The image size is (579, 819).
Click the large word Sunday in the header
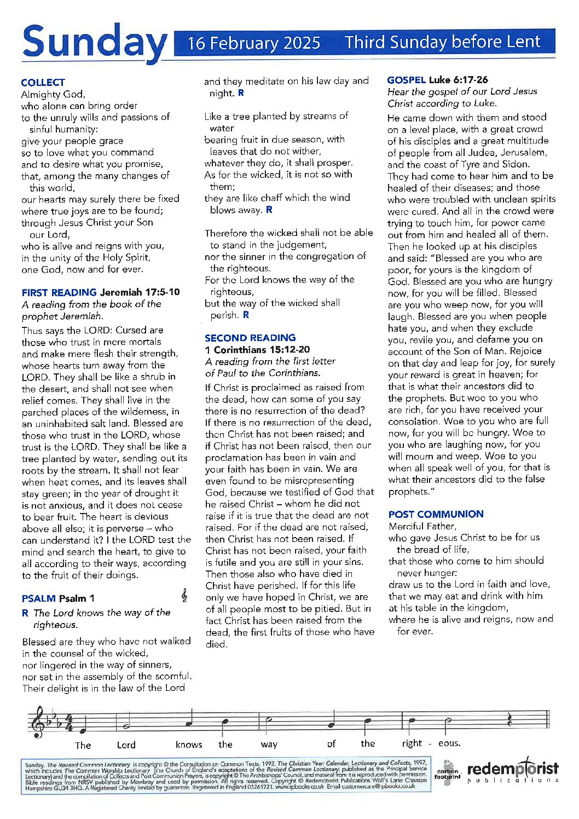(x=94, y=43)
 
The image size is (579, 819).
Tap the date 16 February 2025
(x=254, y=43)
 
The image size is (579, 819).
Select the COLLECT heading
(x=43, y=83)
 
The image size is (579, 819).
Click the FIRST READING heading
(x=59, y=292)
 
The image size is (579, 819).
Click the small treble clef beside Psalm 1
(x=185, y=596)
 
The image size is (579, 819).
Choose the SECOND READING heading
(x=250, y=338)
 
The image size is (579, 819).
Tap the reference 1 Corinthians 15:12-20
(x=257, y=349)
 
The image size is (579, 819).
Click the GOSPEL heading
(x=406, y=80)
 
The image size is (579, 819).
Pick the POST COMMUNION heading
(x=436, y=514)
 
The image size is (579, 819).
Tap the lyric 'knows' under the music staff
(x=189, y=745)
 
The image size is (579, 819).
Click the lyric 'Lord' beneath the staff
(x=126, y=745)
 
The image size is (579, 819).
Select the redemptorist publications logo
(x=513, y=771)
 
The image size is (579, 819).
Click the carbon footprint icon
(x=447, y=772)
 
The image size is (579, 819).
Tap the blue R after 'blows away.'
(x=269, y=210)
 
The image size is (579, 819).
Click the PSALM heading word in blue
(x=39, y=598)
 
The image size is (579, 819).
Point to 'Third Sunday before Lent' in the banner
(x=442, y=42)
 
